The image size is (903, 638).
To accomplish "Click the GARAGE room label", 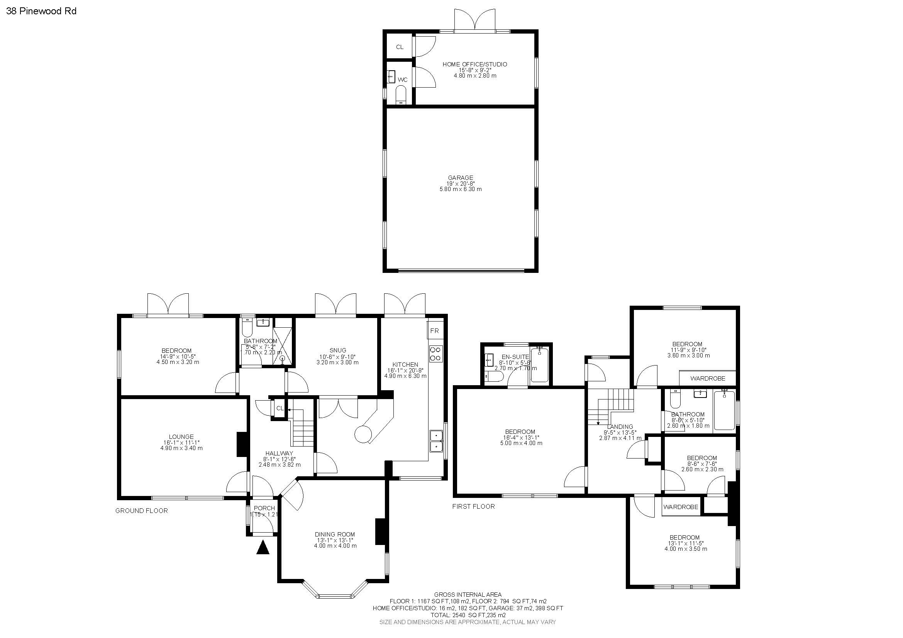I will tap(460, 178).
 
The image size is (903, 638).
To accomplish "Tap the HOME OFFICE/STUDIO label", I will tap(475, 64).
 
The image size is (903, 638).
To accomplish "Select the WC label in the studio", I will tap(402, 80).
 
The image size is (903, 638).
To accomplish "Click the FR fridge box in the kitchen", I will tap(435, 331).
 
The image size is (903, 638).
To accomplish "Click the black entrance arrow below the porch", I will tap(263, 548).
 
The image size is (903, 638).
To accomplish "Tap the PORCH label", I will tap(264, 508).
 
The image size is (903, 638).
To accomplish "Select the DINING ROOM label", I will tap(335, 534).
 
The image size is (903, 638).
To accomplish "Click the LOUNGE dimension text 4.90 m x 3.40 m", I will tap(181, 448).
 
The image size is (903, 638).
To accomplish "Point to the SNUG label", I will tap(338, 350).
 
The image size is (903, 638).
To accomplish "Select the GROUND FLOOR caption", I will tap(141, 511).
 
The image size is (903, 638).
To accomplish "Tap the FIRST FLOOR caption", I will tap(473, 506).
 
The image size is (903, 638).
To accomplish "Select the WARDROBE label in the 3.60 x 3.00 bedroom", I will tap(708, 378).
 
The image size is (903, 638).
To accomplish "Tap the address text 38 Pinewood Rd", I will tap(41, 11).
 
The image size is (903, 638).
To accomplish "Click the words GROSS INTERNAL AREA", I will tap(468, 594).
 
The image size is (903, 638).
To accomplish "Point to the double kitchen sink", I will tap(436, 442).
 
